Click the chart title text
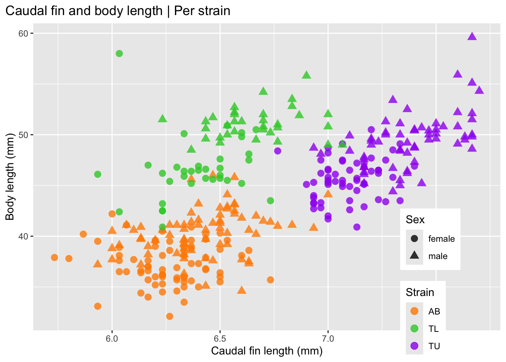coord(118,11)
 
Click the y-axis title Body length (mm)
coord(10,177)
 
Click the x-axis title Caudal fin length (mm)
coord(267,351)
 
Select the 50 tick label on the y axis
coord(23,135)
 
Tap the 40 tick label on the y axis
coord(23,236)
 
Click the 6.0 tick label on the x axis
coord(112,338)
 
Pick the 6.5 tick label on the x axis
coord(220,338)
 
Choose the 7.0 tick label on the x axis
coord(328,338)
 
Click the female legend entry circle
coord(415,239)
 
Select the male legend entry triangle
coord(415,256)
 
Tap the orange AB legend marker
coord(415,311)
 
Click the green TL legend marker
coord(415,328)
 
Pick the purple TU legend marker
coord(415,346)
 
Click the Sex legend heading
coord(415,220)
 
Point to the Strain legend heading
coord(420,292)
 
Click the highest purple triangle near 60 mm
coord(472,36)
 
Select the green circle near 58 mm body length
coord(119,54)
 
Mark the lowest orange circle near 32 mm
coord(170,316)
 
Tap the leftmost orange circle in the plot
coord(55,258)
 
